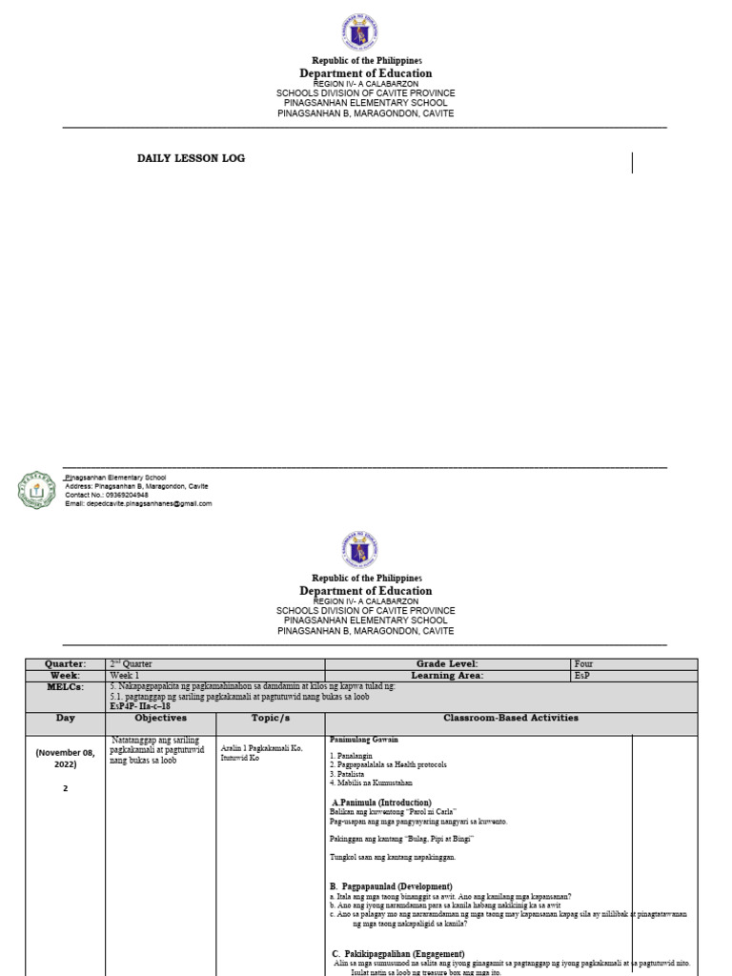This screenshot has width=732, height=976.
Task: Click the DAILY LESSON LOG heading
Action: [x=191, y=158]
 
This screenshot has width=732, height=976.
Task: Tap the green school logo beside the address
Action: [x=37, y=490]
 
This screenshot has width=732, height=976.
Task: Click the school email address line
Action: [x=138, y=503]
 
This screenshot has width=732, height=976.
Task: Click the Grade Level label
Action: [x=446, y=663]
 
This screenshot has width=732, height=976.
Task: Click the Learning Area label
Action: [x=446, y=675]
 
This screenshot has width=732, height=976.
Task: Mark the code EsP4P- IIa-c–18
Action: [x=140, y=705]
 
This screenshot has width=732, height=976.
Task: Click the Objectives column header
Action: [x=160, y=718]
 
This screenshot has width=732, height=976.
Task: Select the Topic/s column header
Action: [x=270, y=718]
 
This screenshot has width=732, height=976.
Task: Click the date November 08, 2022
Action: [x=65, y=758]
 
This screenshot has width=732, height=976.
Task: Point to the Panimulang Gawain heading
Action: [x=364, y=740]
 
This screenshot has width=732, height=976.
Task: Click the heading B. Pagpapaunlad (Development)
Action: [x=390, y=886]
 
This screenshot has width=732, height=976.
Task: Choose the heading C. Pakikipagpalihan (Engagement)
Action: [x=397, y=953]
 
